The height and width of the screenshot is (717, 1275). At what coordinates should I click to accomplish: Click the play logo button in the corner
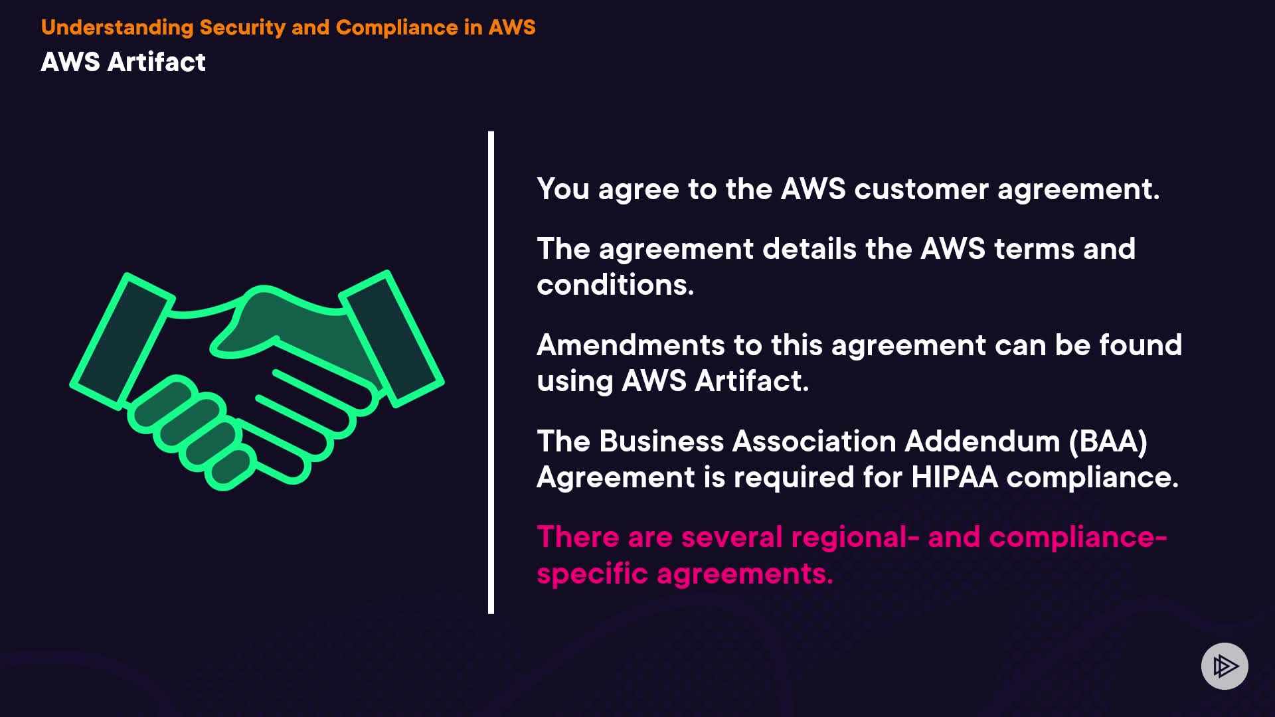coord(1225,666)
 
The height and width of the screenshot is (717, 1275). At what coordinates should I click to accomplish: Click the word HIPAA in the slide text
coord(954,477)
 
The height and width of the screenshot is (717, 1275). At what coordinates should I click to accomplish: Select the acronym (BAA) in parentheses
coord(1108,441)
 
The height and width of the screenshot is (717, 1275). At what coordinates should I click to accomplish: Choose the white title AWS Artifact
coord(124,62)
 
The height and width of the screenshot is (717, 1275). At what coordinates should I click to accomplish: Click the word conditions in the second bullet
coord(615,285)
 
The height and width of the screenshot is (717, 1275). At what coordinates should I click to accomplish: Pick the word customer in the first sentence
coord(921,189)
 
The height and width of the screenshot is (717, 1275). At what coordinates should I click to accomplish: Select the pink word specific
coord(592,574)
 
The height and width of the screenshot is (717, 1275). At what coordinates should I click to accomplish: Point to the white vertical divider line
coord(491,372)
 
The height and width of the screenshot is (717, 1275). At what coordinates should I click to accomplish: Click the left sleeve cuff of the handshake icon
coord(122,339)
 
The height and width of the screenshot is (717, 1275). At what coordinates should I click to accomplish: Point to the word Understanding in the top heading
coord(117,27)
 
